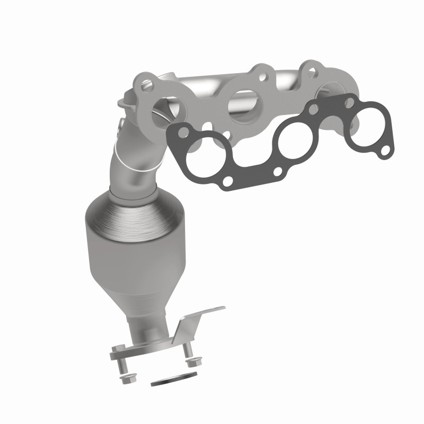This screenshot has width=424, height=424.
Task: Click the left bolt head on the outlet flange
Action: [x=118, y=348]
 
